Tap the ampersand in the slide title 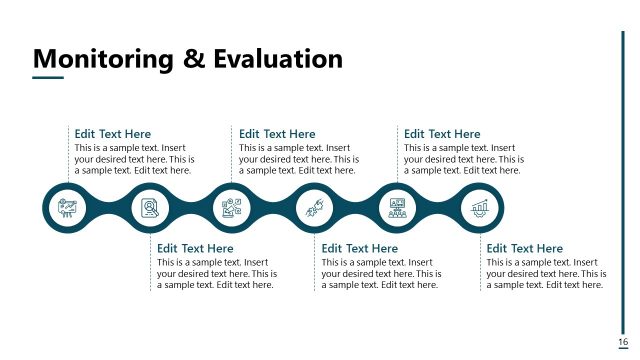[x=194, y=58]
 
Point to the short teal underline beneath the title [x=48, y=77]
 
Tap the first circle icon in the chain [x=68, y=208]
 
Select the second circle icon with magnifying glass [x=150, y=208]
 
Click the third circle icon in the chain [x=232, y=208]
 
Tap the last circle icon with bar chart [x=479, y=208]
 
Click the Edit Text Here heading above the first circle [x=113, y=134]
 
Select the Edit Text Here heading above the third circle [x=277, y=134]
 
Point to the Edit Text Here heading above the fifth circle [x=442, y=134]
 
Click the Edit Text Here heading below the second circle [x=195, y=248]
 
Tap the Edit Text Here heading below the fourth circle [x=360, y=248]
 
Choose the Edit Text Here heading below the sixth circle [x=524, y=248]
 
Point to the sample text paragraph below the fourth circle [x=380, y=273]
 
